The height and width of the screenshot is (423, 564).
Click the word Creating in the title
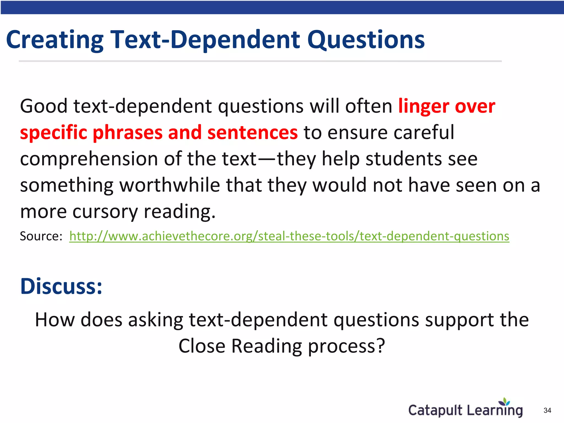point(55,40)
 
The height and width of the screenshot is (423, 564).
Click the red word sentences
point(252,132)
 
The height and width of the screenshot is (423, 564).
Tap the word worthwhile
point(170,185)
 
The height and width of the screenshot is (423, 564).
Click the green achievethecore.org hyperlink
point(289,236)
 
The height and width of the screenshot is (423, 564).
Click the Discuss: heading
point(61,286)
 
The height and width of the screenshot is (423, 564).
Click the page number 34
point(547,410)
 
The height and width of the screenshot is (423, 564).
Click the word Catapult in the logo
point(435,410)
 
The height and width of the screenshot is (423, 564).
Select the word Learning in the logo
point(495,410)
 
